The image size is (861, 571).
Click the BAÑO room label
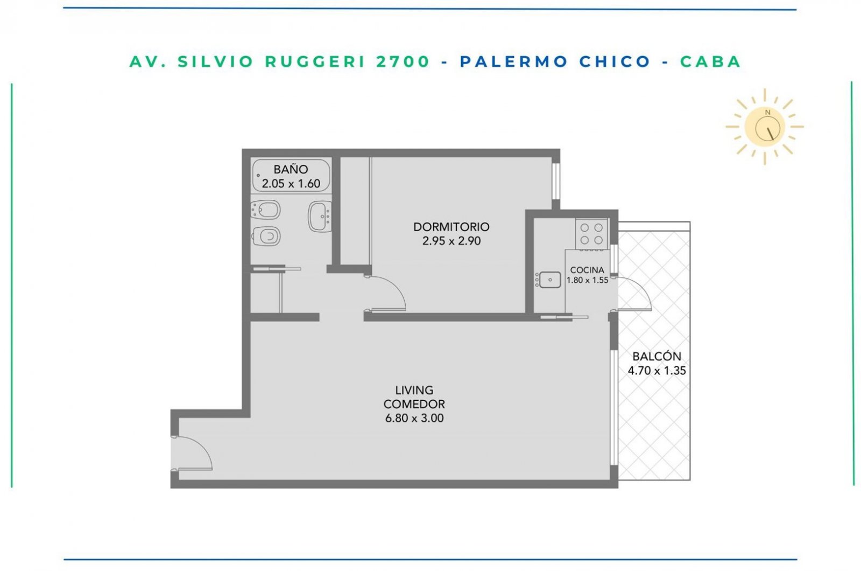tap(291, 169)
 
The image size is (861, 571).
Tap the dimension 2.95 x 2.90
tap(451, 241)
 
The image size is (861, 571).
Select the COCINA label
tap(587, 270)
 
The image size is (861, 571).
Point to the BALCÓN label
tap(657, 356)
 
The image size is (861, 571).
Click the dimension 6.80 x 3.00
tap(414, 418)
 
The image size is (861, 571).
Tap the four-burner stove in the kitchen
tap(591, 234)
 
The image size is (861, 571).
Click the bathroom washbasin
tap(320, 216)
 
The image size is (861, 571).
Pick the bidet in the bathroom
tap(265, 210)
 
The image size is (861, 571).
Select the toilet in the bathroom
tap(266, 236)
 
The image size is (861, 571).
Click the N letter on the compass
tap(767, 113)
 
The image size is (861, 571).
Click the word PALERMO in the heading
tap(514, 61)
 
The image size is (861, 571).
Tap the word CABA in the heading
tap(710, 61)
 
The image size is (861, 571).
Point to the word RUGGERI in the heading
tap(315, 61)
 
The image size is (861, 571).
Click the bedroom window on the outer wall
tap(556, 182)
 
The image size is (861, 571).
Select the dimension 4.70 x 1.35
tap(657, 371)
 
